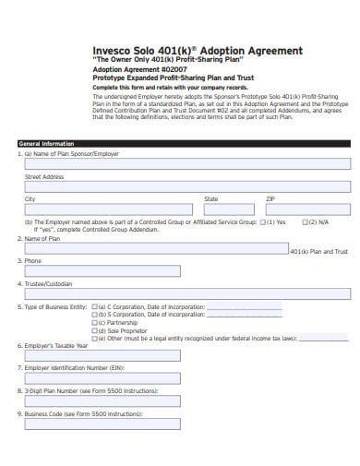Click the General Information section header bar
184,144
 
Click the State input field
231,209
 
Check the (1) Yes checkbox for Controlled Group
264,222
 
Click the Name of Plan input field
153,249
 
